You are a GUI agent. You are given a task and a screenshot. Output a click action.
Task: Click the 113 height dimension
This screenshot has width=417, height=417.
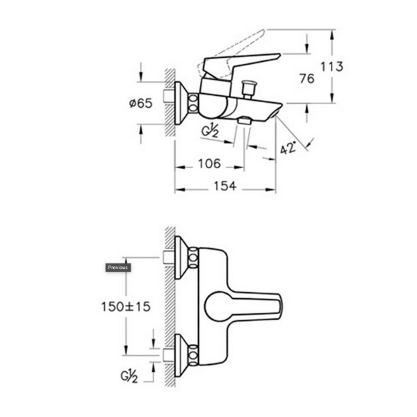pyautogui.click(x=332, y=66)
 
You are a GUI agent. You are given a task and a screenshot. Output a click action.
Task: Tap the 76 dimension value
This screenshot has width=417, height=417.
pyautogui.click(x=306, y=79)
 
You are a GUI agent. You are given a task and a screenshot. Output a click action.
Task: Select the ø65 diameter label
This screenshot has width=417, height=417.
pyautogui.click(x=140, y=103)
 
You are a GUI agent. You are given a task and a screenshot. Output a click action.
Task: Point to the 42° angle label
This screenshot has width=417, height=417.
pyautogui.click(x=288, y=148)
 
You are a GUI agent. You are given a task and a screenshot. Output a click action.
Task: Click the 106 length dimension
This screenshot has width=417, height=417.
pyautogui.click(x=209, y=163)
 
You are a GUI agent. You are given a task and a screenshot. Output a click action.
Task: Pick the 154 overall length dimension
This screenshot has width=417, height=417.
pyautogui.click(x=225, y=186)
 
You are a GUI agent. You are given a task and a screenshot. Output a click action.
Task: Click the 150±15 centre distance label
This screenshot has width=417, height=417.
pyautogui.click(x=126, y=306)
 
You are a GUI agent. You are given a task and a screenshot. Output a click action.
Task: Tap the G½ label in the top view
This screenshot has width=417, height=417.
pyautogui.click(x=210, y=131)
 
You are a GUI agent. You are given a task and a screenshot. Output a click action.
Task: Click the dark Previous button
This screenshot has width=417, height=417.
pyautogui.click(x=118, y=268)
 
